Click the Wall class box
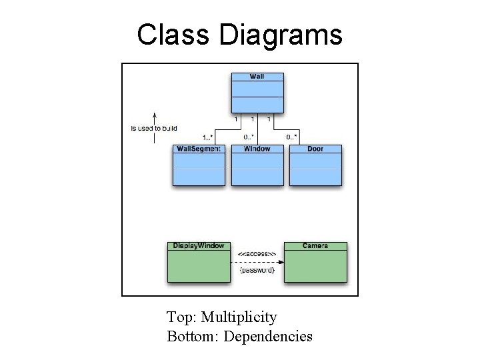tap(257, 93)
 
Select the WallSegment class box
tap(199, 165)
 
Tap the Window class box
tap(257, 165)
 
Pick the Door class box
tap(315, 165)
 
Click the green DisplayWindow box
tap(199, 262)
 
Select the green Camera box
tap(315, 262)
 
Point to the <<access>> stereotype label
tap(257, 253)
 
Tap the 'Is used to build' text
tap(154, 127)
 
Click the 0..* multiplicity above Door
tap(291, 137)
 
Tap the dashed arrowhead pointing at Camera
tap(280, 262)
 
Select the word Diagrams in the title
tap(280, 35)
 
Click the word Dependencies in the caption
tap(268, 337)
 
